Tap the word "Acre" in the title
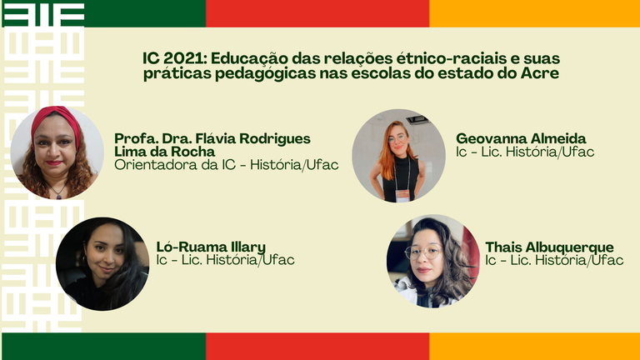[x=539, y=73]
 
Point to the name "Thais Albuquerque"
[x=549, y=247]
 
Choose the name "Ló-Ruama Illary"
[x=211, y=246]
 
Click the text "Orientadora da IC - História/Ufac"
[x=226, y=164]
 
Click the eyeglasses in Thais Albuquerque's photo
[x=422, y=252]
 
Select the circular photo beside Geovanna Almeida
[x=398, y=155]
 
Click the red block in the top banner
[x=317, y=13]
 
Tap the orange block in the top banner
[x=534, y=13]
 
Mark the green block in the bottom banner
[x=103, y=346]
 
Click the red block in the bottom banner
[x=317, y=346]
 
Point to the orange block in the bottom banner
[x=534, y=346]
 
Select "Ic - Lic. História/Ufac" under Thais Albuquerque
[x=554, y=261]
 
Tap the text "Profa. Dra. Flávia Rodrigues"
[x=212, y=137]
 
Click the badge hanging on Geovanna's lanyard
[x=403, y=197]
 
